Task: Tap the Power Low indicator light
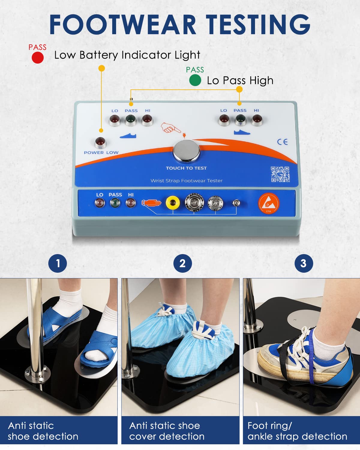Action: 100,142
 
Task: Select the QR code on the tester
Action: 280,174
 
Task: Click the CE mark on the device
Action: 282,142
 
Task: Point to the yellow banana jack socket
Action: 173,203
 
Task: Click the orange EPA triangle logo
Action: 268,203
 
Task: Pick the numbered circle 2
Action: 182,263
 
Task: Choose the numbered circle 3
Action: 304,263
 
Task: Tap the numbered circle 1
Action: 58,263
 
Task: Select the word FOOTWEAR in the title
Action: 122,24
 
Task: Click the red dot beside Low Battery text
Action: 38,58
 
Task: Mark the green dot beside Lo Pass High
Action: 195,80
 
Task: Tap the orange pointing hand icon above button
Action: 170,128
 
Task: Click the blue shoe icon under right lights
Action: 242,132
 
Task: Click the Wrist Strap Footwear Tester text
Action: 186,181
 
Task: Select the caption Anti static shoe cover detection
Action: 167,431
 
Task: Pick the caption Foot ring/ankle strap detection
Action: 297,431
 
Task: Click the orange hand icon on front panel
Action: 151,203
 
